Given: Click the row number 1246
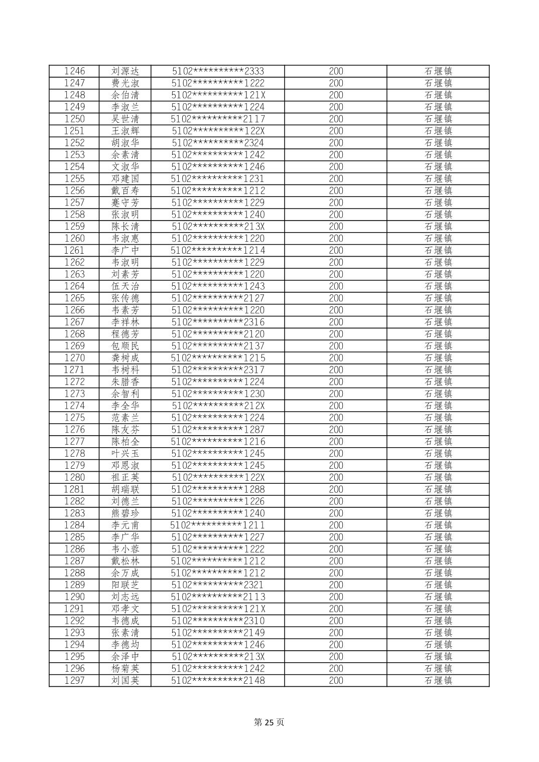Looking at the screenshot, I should (x=74, y=71).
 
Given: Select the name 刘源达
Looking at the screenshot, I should (x=125, y=71).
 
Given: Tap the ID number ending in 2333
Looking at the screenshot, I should (x=218, y=71).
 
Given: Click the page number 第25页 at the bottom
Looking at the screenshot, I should (x=269, y=722).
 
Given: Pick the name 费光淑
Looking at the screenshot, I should (x=125, y=83).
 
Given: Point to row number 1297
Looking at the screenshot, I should (x=74, y=680).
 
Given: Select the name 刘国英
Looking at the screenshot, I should (x=125, y=680).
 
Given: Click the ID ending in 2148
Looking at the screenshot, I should (x=218, y=680).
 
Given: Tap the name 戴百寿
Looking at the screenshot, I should (x=125, y=190).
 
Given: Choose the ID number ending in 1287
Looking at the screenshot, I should (x=218, y=430).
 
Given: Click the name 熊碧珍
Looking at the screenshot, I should (x=125, y=513).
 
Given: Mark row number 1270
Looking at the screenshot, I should (x=74, y=358).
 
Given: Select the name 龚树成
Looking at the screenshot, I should (x=125, y=358).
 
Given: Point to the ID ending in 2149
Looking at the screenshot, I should (x=218, y=633).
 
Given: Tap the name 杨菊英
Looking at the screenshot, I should (x=125, y=668).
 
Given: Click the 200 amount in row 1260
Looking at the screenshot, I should (x=336, y=239).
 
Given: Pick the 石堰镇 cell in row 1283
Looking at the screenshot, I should (x=438, y=513).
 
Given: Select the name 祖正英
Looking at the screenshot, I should (x=125, y=477).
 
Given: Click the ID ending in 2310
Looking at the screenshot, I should (x=218, y=621).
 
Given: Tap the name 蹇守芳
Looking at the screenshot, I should (x=125, y=203).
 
